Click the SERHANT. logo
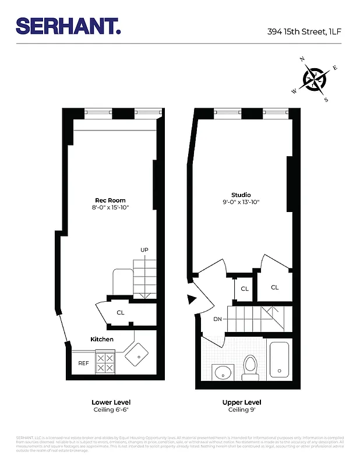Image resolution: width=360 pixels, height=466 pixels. tap(68, 26)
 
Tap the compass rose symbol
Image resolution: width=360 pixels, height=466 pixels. tap(315, 79)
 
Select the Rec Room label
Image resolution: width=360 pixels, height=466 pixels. tap(110, 200)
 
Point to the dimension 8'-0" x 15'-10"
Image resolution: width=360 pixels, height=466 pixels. tap(110, 207)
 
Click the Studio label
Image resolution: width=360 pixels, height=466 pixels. tap(241, 195)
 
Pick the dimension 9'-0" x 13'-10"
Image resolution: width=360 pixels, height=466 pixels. tap(241, 202)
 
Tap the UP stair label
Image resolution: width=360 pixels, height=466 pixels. tap(144, 250)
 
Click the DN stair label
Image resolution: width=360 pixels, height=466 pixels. tap(217, 319)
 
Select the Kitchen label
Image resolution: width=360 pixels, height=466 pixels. tap(102, 339)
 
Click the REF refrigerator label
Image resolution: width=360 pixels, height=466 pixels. tap(83, 363)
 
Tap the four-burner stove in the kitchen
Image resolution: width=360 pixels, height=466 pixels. tap(105, 363)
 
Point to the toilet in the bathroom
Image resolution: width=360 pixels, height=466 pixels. tap(250, 367)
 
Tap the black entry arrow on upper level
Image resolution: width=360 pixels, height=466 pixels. tap(191, 300)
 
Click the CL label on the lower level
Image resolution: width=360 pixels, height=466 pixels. tap(121, 313)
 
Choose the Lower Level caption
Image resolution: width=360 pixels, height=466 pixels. tap(111, 403)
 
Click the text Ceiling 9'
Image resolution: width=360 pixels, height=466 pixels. tap(241, 410)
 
